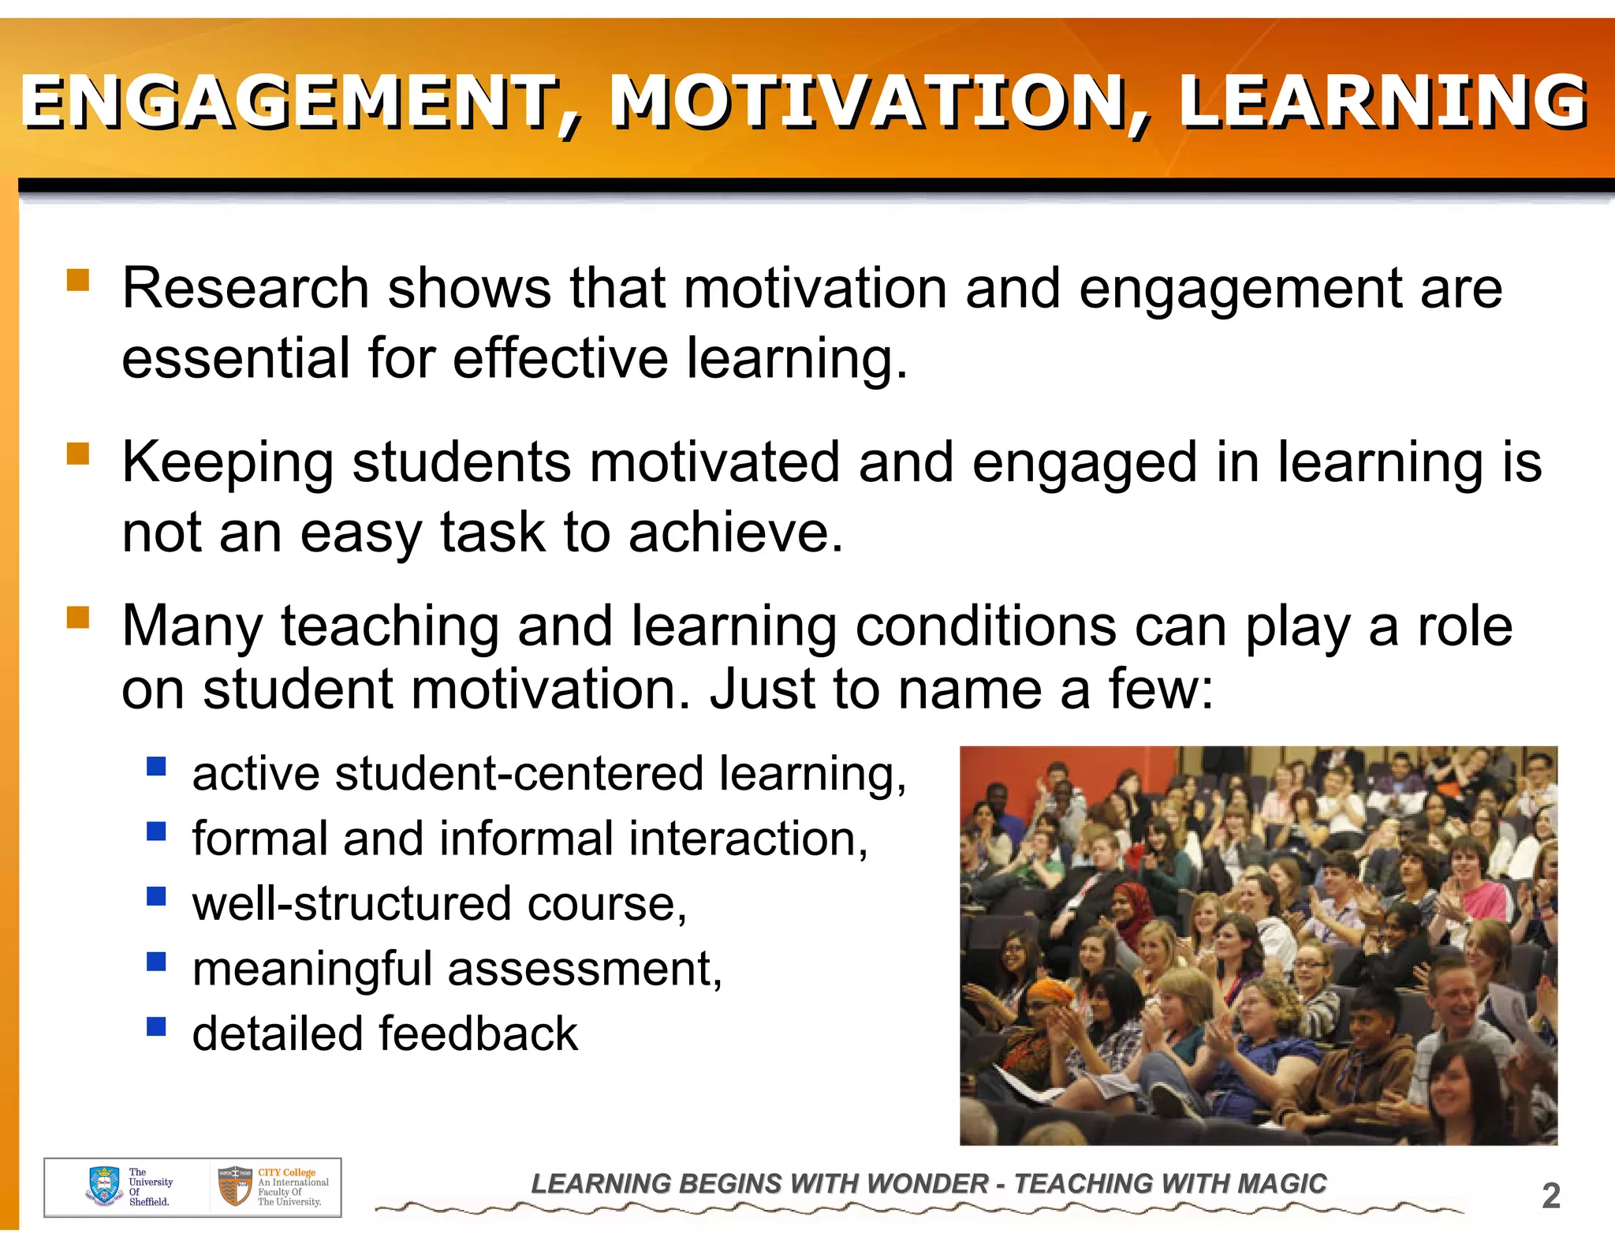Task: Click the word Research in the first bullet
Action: click(x=245, y=288)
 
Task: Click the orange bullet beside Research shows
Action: click(x=78, y=281)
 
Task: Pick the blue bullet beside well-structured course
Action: click(x=156, y=896)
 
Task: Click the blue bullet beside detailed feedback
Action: click(x=156, y=1026)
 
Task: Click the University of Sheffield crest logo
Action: click(x=104, y=1186)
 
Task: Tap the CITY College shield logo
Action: click(x=235, y=1186)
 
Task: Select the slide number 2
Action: click(x=1550, y=1196)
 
